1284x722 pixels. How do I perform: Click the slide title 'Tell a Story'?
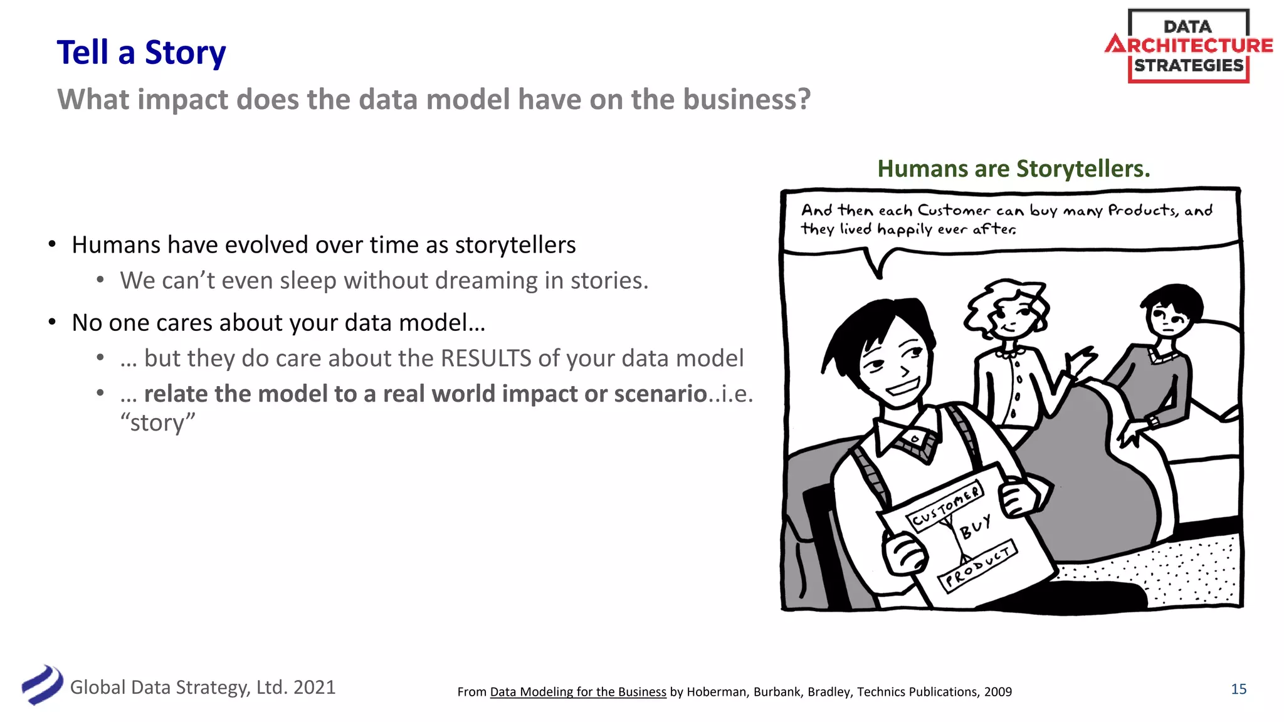[141, 53]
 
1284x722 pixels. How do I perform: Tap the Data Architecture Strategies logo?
[1188, 46]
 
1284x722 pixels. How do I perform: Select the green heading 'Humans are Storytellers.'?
[1013, 169]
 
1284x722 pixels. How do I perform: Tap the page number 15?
[1238, 689]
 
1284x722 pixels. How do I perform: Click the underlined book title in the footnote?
[577, 692]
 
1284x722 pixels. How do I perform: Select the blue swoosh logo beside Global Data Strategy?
[42, 685]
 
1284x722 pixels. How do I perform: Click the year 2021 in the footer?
[314, 688]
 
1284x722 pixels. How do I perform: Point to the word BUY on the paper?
[976, 527]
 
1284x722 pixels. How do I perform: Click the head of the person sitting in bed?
[1170, 313]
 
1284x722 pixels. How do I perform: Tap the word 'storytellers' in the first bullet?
[515, 245]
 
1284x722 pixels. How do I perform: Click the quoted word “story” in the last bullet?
[157, 423]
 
